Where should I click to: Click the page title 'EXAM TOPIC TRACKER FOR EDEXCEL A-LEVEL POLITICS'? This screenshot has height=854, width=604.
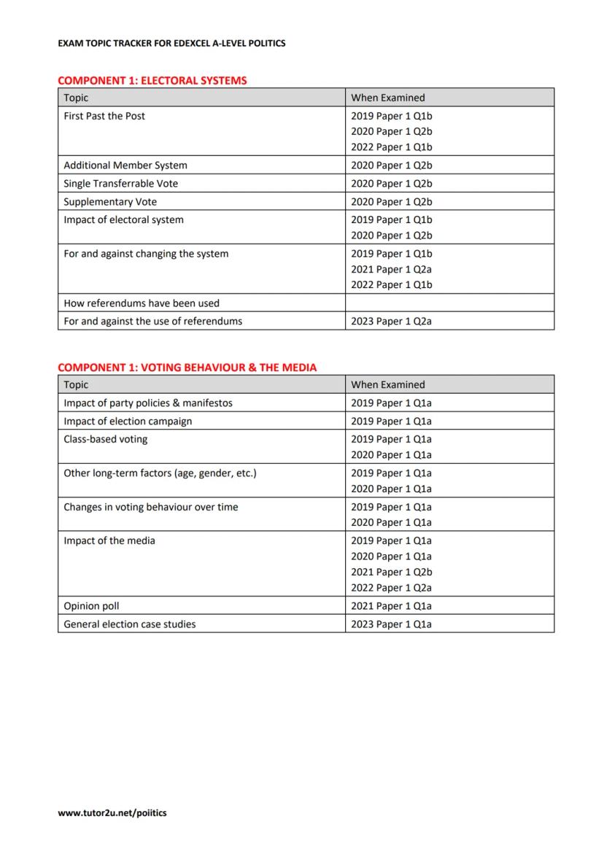pos(171,43)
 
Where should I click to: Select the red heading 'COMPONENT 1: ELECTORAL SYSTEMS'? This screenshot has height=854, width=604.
pos(152,80)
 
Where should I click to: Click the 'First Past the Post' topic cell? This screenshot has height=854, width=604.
pos(104,116)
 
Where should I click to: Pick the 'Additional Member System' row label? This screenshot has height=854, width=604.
pos(125,166)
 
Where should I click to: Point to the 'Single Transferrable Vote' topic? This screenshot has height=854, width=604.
pos(120,184)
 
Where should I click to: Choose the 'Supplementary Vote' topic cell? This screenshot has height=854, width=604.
pos(110,202)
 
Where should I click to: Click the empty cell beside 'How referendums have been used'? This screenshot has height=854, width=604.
pos(449,303)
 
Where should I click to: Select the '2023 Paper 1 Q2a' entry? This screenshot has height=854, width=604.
pos(391,321)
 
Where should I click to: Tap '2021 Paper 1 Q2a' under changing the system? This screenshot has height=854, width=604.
pos(391,269)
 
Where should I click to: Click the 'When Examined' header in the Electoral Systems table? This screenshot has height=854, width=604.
pos(387,98)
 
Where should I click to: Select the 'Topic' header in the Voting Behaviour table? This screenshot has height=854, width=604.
pos(76,385)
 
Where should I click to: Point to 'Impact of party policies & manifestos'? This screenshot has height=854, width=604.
pos(148,403)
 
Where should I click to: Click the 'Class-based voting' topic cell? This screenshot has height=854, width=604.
pos(105,439)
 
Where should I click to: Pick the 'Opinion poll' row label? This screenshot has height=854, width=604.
pos(91,606)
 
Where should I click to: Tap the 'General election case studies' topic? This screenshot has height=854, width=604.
pos(130,624)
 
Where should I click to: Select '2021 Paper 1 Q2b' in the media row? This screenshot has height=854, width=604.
pos(391,572)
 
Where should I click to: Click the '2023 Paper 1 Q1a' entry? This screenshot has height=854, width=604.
pos(391,624)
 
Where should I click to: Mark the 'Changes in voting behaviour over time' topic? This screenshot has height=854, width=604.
pos(150,507)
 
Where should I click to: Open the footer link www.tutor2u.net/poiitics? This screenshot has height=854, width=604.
pos(112,812)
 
